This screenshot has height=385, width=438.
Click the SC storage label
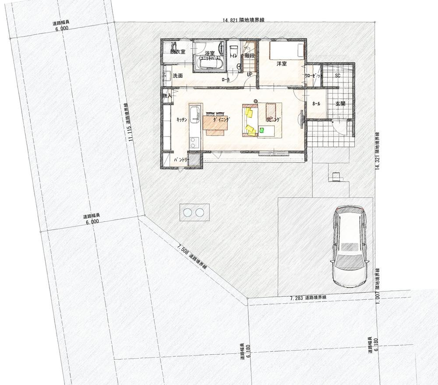338,76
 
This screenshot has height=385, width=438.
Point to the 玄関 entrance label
340,104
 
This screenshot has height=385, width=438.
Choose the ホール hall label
316,104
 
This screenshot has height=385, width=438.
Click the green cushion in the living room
261,130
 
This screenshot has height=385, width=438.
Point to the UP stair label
249,75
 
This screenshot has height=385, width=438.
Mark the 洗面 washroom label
178,76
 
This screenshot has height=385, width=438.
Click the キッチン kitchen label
182,119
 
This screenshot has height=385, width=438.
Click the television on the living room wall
301,119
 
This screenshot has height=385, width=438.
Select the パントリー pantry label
181,160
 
